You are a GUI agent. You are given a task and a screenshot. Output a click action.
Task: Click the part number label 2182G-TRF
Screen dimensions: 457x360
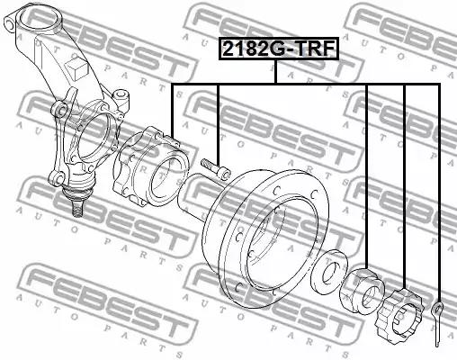[278, 49]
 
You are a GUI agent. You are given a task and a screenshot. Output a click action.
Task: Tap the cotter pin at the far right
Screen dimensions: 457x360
[438, 324]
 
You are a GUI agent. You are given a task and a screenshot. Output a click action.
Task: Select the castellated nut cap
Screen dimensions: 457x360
[399, 313]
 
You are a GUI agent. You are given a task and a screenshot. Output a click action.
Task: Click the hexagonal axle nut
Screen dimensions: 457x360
[363, 290]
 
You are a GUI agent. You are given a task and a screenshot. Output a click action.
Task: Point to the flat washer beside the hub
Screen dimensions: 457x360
[329, 271]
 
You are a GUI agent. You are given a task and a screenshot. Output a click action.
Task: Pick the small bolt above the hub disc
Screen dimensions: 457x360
[215, 167]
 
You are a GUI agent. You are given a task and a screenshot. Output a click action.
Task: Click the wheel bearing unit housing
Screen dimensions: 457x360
[150, 166]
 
